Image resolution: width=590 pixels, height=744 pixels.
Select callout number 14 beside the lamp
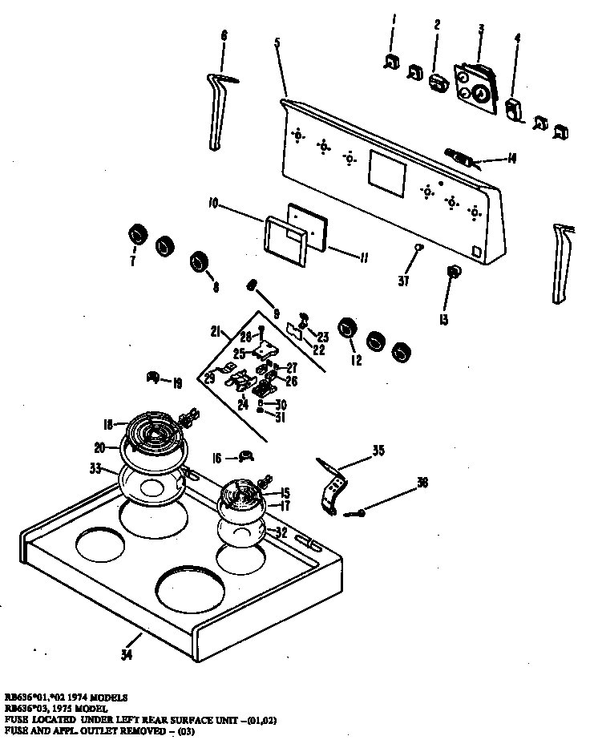point(511,159)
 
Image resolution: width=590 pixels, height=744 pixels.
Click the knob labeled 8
point(197,262)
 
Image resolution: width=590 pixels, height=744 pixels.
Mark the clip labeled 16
point(244,457)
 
